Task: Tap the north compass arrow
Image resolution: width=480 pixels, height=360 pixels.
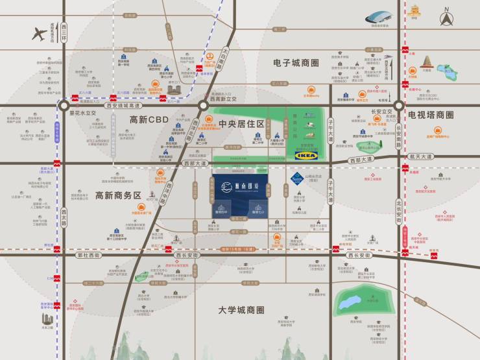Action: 447,18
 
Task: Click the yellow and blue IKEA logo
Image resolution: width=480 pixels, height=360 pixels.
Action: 306,156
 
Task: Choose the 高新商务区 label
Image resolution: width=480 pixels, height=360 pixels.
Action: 118,195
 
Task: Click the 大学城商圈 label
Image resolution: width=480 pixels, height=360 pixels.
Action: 241,310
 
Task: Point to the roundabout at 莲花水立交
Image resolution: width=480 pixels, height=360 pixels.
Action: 64,105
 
